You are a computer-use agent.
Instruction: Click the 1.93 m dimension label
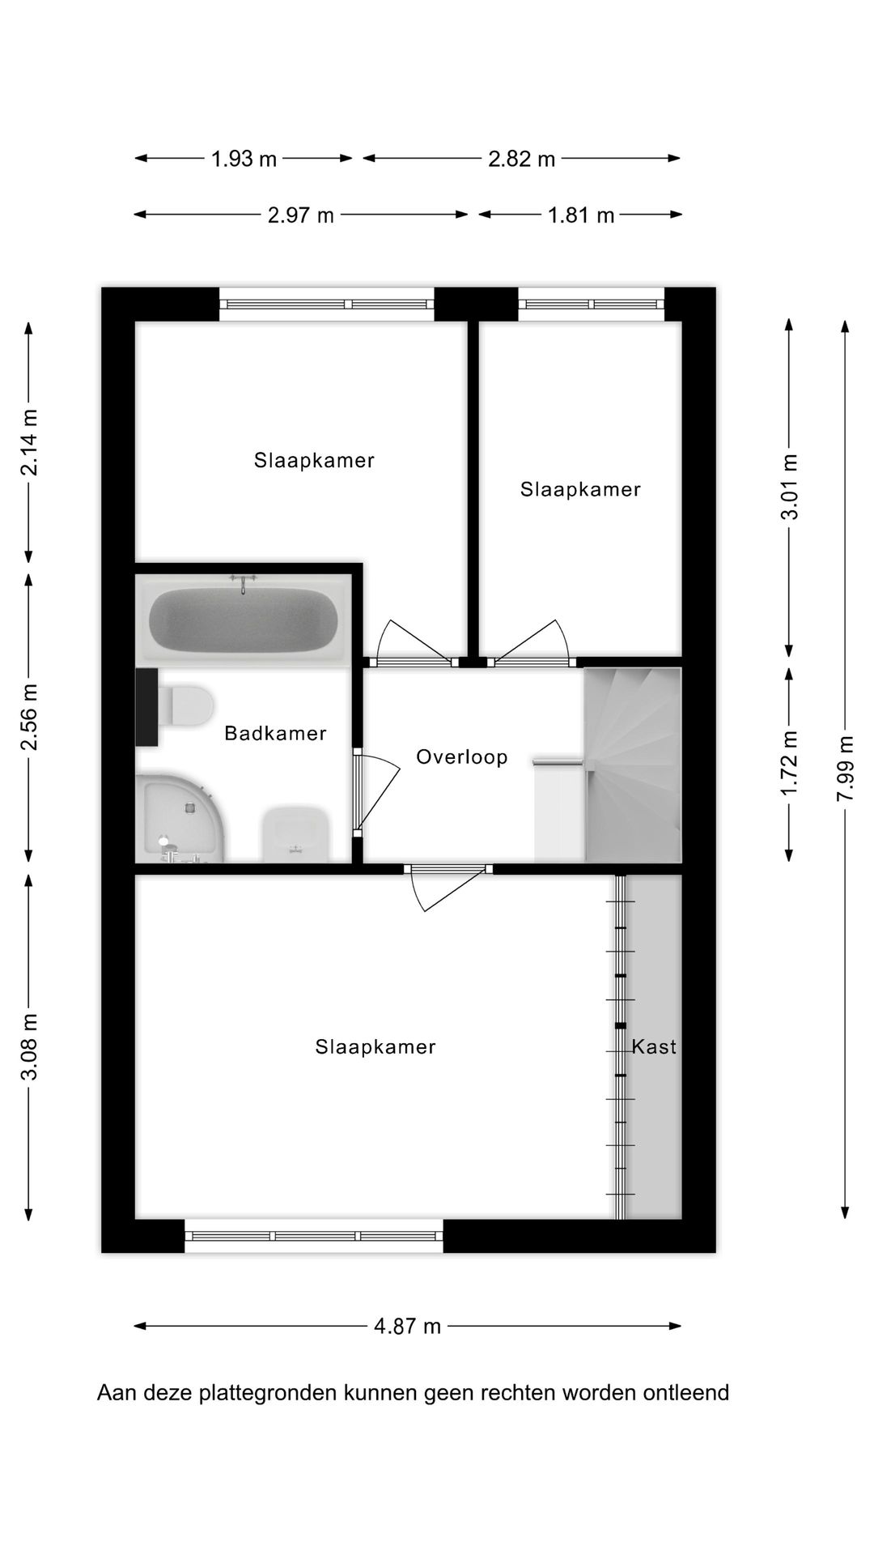[244, 159]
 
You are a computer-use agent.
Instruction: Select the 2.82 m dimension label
[521, 159]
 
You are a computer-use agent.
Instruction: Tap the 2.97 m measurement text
[300, 215]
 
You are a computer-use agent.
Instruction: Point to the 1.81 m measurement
[580, 215]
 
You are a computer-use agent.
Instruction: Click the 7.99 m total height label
[845, 768]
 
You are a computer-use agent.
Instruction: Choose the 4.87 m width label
[407, 1326]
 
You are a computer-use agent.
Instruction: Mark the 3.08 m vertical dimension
[29, 1046]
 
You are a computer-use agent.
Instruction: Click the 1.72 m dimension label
[790, 763]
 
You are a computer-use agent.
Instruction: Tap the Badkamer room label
[275, 734]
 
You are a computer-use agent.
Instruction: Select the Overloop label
[461, 757]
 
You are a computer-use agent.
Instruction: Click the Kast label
[653, 1046]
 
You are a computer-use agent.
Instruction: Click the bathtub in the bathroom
[244, 620]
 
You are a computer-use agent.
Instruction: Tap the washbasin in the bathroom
[295, 833]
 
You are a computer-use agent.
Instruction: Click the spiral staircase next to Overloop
[633, 765]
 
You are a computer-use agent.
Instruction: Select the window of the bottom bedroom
[314, 1236]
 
